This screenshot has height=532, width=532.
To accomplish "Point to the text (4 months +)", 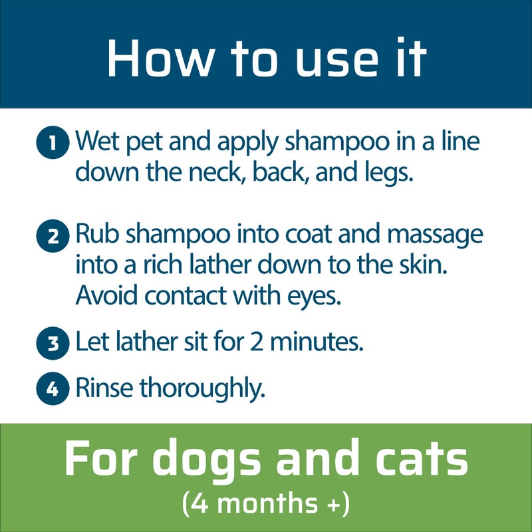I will (266, 503).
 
